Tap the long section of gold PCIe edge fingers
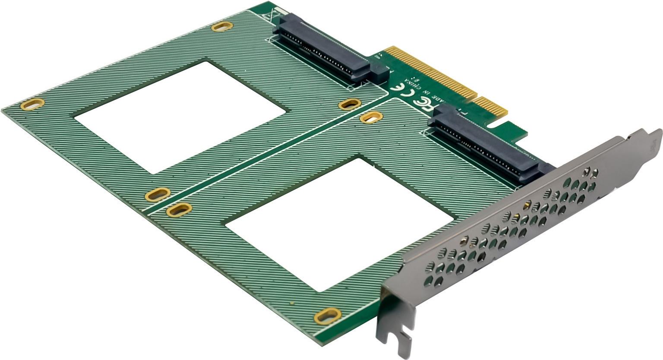point(432,73)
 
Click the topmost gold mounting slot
point(222,27)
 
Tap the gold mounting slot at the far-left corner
point(32,104)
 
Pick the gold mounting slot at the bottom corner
point(327,316)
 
